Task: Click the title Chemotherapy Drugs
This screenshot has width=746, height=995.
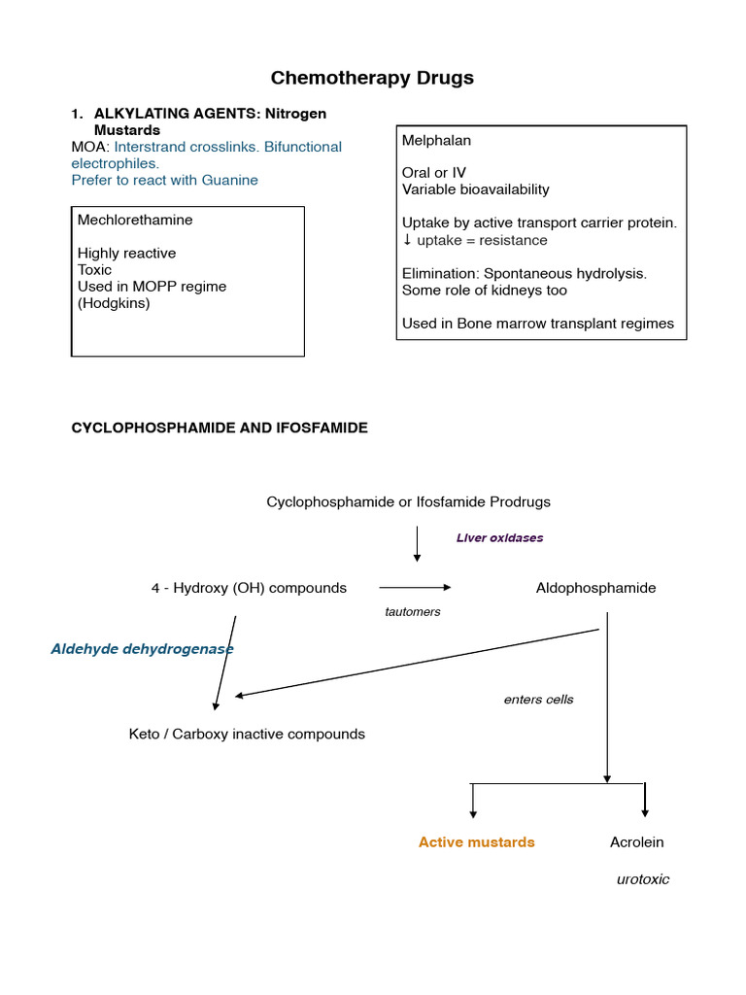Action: click(372, 78)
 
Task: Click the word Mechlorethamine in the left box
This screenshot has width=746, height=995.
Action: click(135, 220)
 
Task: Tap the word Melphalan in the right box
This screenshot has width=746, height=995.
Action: click(436, 141)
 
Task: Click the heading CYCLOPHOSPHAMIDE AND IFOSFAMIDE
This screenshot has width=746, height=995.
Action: click(220, 428)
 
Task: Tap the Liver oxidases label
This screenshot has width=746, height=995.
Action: click(499, 537)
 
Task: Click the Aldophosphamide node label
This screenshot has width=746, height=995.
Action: click(595, 588)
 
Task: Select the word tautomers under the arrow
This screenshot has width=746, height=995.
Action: click(413, 612)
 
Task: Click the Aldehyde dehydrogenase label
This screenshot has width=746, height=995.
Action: click(142, 648)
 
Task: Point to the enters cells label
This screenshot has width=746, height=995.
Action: click(538, 700)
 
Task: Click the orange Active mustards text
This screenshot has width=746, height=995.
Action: click(476, 842)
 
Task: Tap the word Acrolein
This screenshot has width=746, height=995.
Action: click(636, 842)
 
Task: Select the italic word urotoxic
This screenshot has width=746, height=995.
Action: click(643, 879)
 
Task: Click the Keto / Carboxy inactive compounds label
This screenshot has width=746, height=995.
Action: click(247, 735)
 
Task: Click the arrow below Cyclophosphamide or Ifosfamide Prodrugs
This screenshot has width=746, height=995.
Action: click(417, 544)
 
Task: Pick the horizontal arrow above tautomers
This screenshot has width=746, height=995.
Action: click(415, 587)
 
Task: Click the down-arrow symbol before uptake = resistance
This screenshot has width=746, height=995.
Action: click(407, 240)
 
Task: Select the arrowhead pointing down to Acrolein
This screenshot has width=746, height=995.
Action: click(645, 811)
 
